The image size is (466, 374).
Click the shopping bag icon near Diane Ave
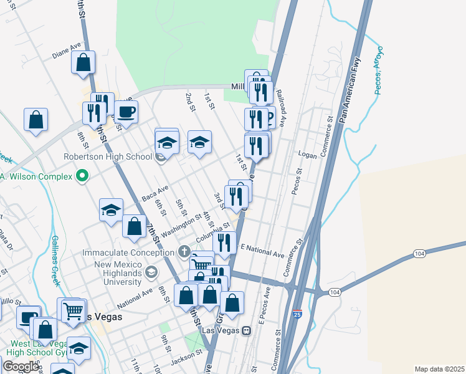coord(83,63)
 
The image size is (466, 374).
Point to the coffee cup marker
coord(126,112)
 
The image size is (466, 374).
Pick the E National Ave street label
coord(262,251)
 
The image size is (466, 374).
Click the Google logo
coord(21,366)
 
